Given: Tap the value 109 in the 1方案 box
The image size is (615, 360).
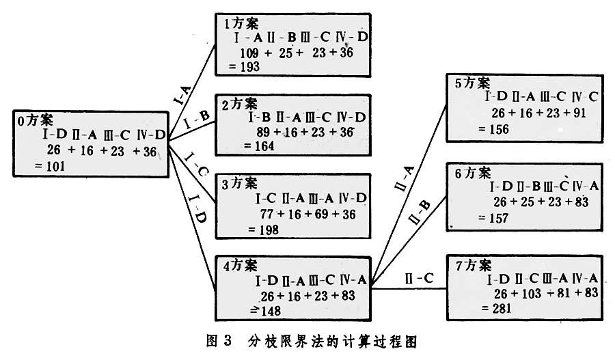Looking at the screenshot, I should click(251, 53).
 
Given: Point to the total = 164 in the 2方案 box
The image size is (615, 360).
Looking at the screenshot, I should click(258, 146).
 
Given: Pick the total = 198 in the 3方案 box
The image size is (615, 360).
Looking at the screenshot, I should click(258, 230).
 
